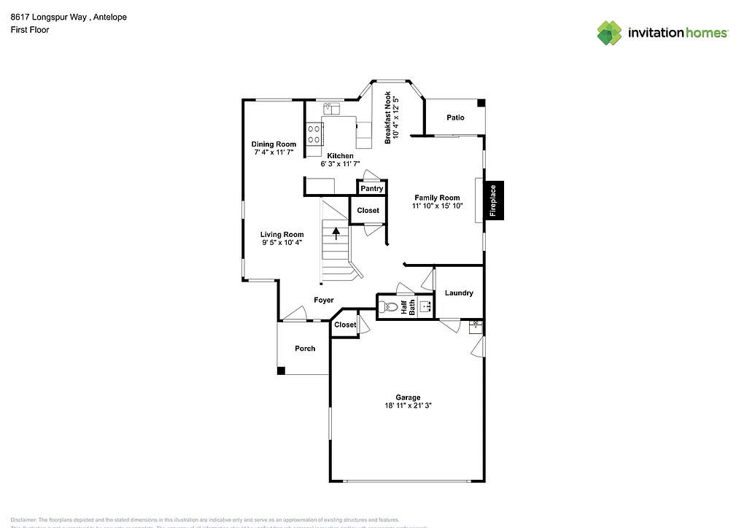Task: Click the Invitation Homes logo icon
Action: tap(610, 33)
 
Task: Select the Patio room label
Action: tap(455, 117)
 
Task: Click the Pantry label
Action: tap(371, 188)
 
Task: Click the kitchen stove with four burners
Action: tap(315, 133)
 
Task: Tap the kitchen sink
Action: tap(332, 109)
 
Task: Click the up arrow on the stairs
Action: tap(336, 233)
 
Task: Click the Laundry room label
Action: tap(459, 293)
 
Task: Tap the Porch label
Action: tap(305, 349)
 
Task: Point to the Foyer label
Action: tap(324, 300)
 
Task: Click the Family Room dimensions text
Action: tap(437, 206)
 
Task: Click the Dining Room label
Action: tap(274, 144)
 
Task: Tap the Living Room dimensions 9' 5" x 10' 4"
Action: tap(282, 243)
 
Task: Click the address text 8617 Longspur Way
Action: tap(48, 18)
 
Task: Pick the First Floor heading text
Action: tap(30, 30)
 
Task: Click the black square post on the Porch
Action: tap(281, 370)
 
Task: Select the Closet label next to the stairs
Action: tap(368, 210)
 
